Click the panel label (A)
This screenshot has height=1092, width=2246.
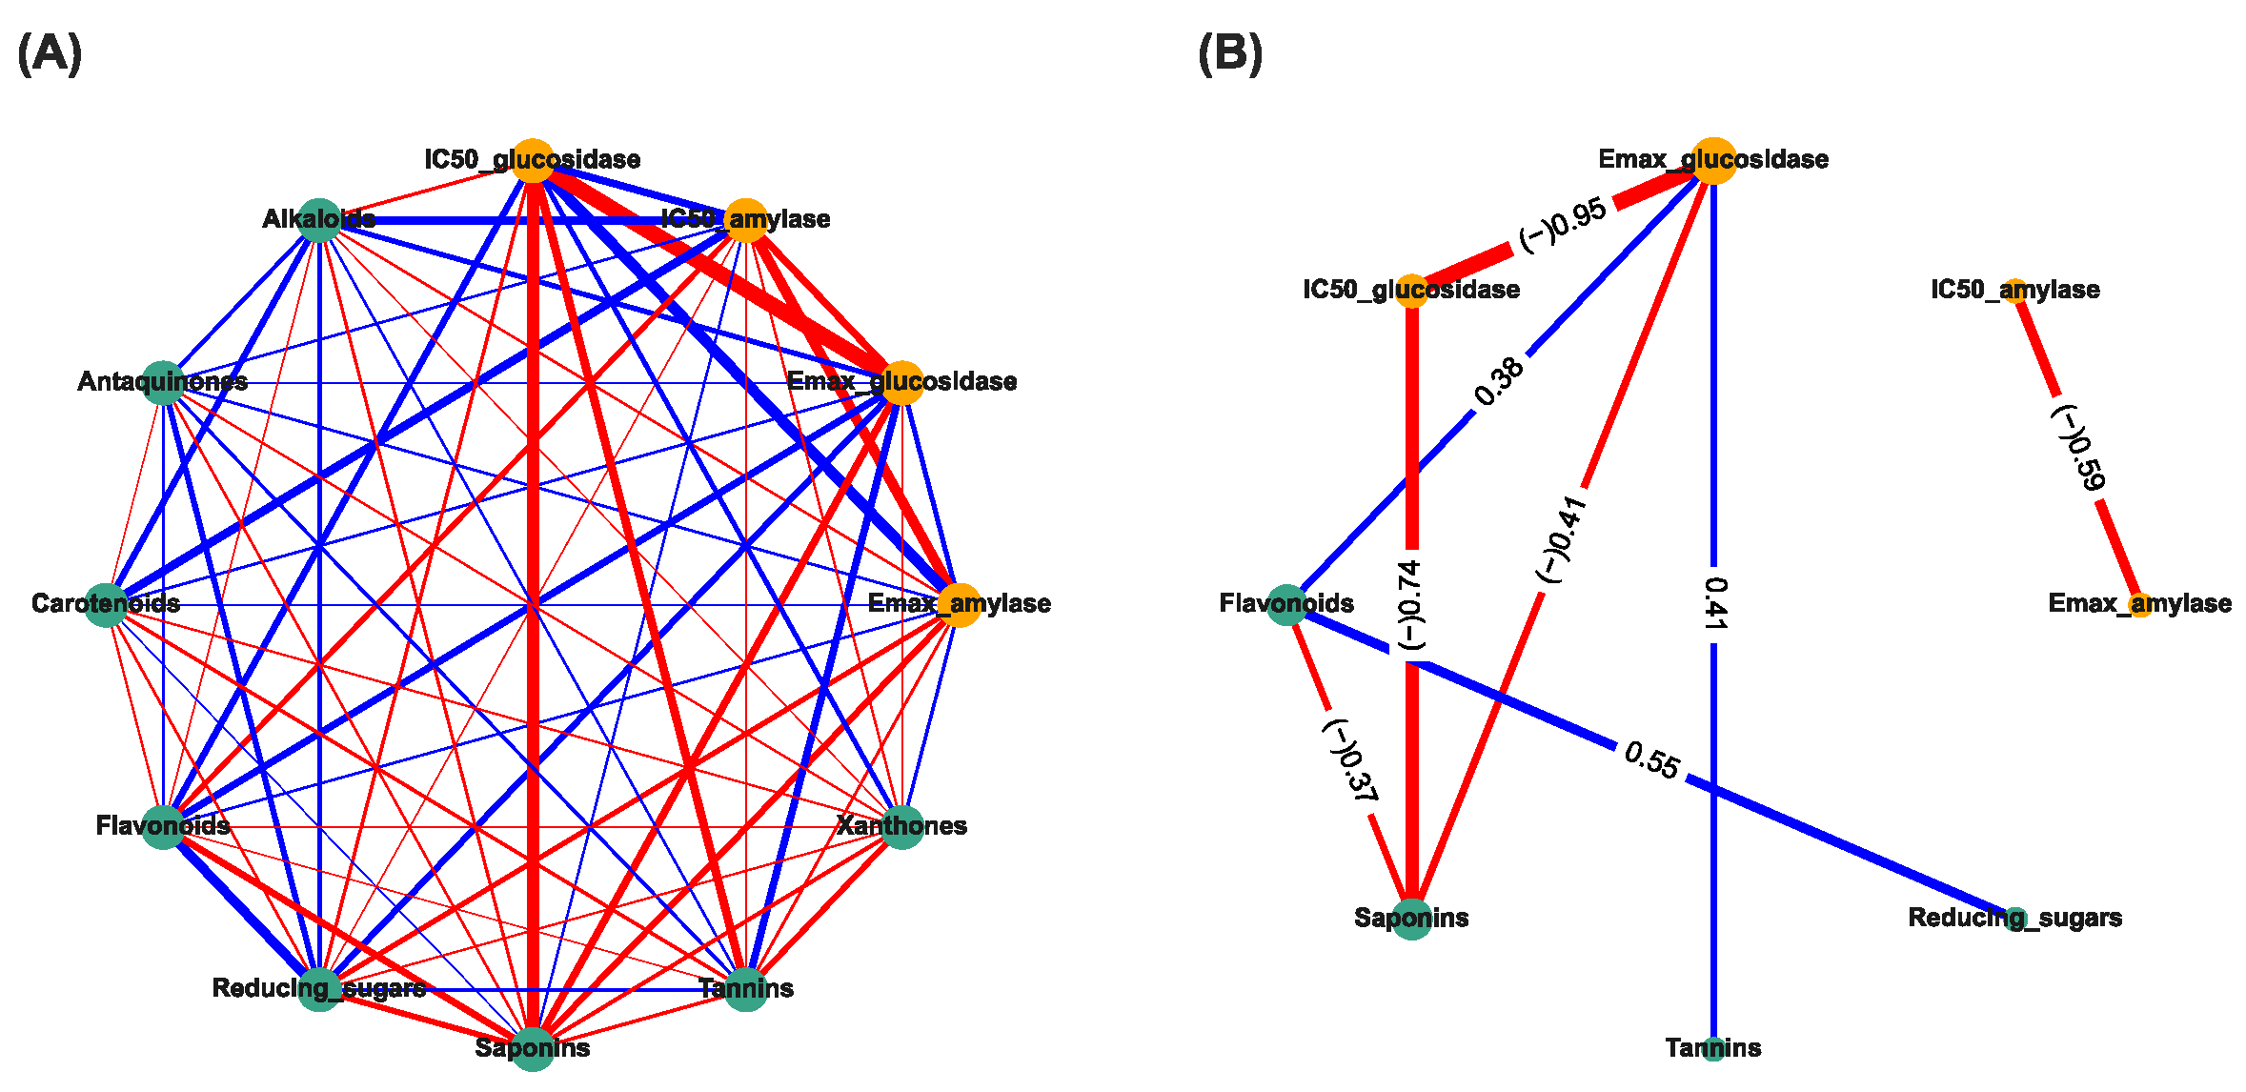click(x=50, y=53)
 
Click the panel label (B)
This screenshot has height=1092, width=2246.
click(x=1230, y=53)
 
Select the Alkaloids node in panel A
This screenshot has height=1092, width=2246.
click(x=319, y=220)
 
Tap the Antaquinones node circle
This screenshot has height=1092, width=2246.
click(x=164, y=383)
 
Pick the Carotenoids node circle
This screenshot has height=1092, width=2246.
click(x=106, y=604)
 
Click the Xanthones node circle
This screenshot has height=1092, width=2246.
click(x=901, y=826)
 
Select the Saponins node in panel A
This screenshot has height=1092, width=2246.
click(x=533, y=1048)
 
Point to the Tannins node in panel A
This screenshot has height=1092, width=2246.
click(x=746, y=989)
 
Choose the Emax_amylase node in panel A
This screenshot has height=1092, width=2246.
click(x=960, y=604)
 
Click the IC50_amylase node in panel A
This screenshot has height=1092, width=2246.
click(x=746, y=220)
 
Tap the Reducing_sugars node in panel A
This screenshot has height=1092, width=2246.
click(x=319, y=989)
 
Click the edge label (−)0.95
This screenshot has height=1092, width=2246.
click(x=1563, y=227)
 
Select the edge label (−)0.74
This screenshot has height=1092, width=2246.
click(x=1411, y=605)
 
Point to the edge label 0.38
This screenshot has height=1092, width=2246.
click(x=1499, y=381)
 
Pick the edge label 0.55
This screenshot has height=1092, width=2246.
click(x=1651, y=760)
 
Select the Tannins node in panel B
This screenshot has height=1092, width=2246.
click(x=1713, y=1049)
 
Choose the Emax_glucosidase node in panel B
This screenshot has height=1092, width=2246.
click(x=1713, y=160)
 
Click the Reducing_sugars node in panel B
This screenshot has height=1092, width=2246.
click(x=2014, y=919)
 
